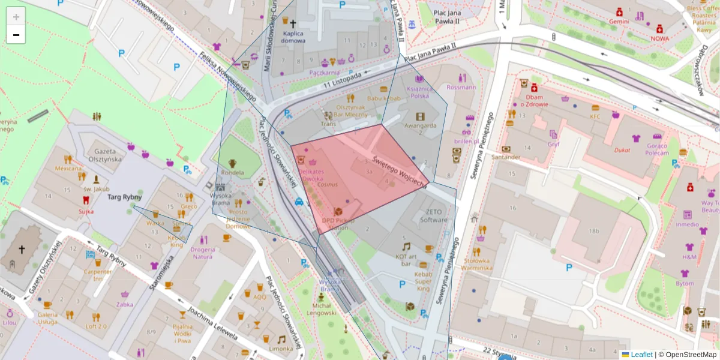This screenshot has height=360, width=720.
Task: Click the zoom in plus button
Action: tap(16, 17)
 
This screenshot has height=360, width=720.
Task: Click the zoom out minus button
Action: tap(16, 35)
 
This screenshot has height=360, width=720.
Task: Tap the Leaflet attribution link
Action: tap(641, 355)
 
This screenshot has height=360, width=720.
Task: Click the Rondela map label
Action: tap(233, 173)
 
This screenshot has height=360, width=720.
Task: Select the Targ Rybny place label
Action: tap(124, 197)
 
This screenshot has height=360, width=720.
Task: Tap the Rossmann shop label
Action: tap(461, 87)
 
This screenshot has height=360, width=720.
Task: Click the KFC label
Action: tap(595, 116)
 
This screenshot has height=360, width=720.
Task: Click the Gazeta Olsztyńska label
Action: tap(104, 155)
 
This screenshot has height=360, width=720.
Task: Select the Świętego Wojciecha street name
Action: tap(398, 169)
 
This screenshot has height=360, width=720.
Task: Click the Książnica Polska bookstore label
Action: tap(418, 92)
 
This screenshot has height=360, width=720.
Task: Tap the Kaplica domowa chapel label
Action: tap(293, 37)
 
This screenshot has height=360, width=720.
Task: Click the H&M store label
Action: tap(689, 257)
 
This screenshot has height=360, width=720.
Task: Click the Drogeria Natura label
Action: tap(203, 253)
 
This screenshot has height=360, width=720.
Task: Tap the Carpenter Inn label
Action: tap(98, 274)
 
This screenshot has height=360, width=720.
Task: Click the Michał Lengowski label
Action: tap(322, 308)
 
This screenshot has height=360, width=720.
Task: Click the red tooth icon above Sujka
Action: tap(85, 200)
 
